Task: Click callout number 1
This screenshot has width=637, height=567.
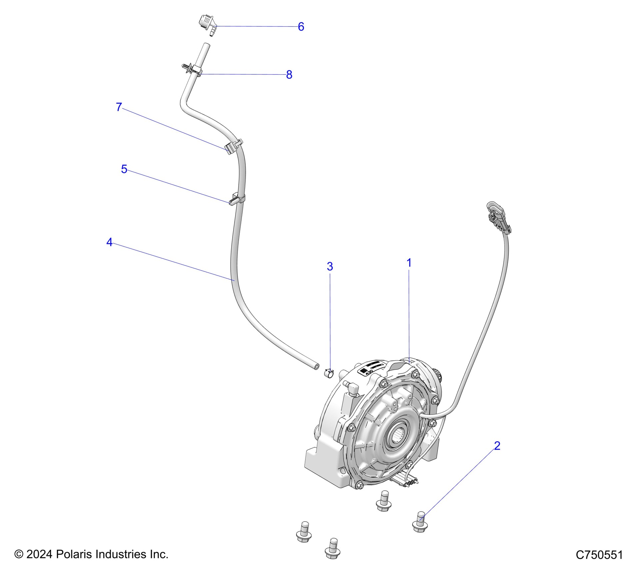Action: pyautogui.click(x=409, y=263)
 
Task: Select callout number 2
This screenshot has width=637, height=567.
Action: pyautogui.click(x=497, y=446)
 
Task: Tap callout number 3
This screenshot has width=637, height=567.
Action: pyautogui.click(x=330, y=266)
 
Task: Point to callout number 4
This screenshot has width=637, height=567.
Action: pyautogui.click(x=109, y=242)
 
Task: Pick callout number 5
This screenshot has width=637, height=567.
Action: pyautogui.click(x=124, y=169)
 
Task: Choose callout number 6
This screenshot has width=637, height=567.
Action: pyautogui.click(x=301, y=27)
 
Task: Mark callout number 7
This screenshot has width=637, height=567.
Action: pyautogui.click(x=119, y=107)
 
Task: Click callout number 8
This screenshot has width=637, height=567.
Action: pyautogui.click(x=289, y=75)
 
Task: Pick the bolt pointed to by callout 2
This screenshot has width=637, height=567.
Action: pyautogui.click(x=420, y=522)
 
